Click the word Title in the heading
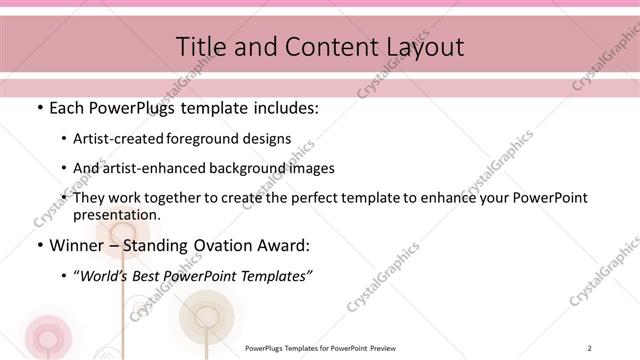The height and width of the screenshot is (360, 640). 200,46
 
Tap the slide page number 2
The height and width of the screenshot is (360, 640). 590,347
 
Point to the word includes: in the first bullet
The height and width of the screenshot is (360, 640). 284,107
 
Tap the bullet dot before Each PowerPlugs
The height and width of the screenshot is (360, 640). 39,107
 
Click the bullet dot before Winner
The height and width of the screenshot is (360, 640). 39,245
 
